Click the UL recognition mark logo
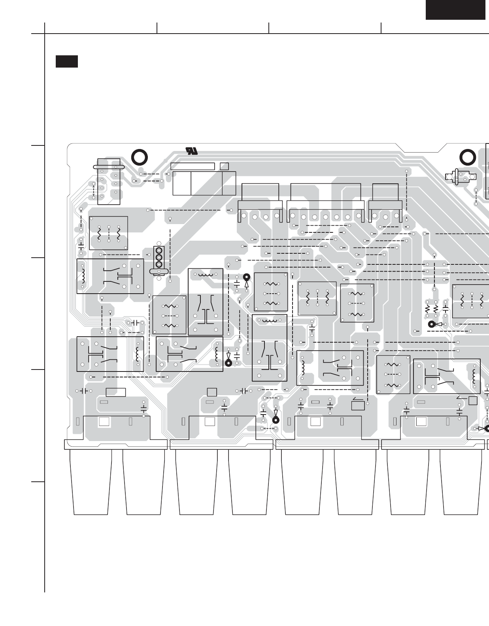[192, 151]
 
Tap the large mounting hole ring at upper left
[139, 157]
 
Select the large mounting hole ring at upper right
[467, 157]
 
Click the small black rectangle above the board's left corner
[66, 62]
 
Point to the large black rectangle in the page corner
[455, 9]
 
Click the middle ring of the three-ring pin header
[159, 257]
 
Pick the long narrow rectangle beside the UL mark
[193, 166]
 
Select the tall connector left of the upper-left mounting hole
[108, 181]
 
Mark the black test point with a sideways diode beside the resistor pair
[432, 324]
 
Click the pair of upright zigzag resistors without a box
[431, 307]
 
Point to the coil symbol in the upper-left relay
[83, 276]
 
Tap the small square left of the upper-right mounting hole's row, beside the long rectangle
[224, 166]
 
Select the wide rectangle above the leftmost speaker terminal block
[116, 392]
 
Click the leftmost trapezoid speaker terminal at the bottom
[91, 482]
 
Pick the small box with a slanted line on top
[357, 405]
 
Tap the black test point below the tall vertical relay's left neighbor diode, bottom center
[276, 420]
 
